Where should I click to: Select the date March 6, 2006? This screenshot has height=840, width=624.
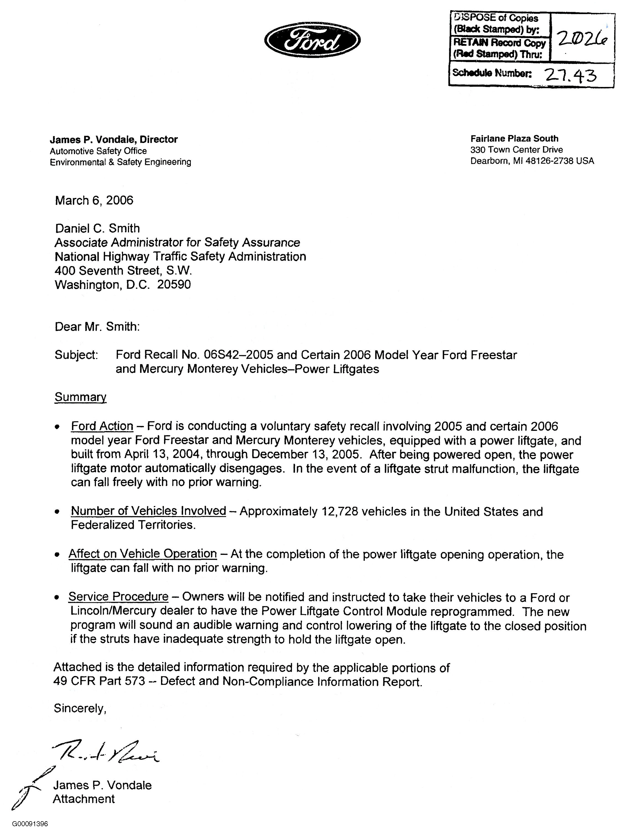pos(94,200)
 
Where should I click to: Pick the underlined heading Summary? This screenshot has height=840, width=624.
pos(81,397)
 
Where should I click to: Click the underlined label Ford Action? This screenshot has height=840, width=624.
pos(102,426)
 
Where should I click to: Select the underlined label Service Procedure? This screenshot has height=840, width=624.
pos(118,597)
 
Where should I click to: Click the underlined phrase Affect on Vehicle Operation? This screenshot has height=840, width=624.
pos(142,554)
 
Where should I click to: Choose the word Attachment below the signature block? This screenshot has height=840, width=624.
pos(84,799)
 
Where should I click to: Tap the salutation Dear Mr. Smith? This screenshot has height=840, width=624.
pos(97,327)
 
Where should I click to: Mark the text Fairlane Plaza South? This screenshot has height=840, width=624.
pos(514,139)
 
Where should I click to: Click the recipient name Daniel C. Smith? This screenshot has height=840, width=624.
pos(97,228)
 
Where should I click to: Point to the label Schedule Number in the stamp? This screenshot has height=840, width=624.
pos(492,73)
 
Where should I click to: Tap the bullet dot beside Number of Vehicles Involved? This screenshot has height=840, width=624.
pos(57,512)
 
